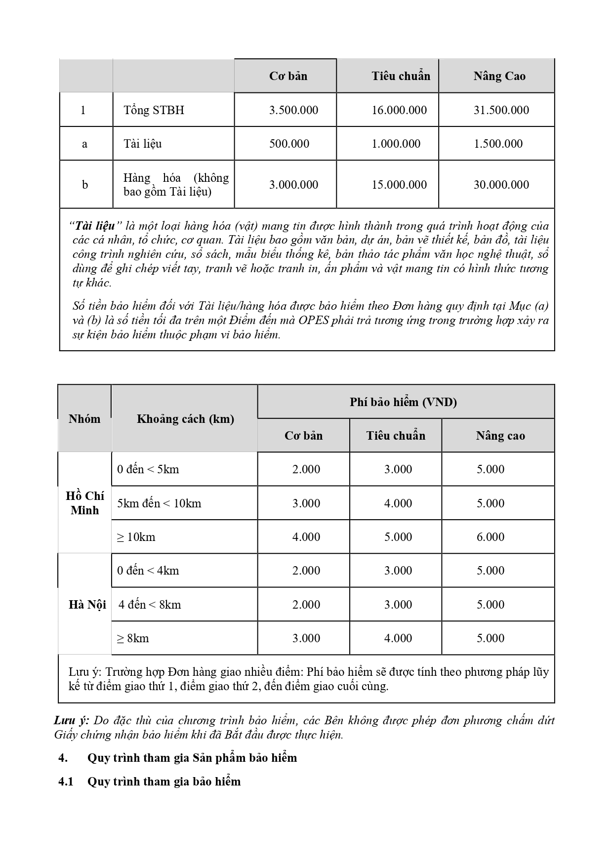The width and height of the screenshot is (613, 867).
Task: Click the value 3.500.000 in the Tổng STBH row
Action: point(293,110)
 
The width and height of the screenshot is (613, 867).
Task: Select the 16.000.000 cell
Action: point(399,110)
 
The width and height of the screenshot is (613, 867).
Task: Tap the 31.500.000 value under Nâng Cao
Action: point(501,110)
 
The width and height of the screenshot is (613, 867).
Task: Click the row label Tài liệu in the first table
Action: point(143,144)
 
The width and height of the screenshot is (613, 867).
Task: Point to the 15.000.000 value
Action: point(399,185)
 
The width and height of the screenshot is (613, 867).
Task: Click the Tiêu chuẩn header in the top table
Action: point(401,76)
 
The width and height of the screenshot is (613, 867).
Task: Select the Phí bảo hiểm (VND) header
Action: point(403,402)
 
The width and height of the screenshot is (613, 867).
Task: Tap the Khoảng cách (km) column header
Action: point(185,419)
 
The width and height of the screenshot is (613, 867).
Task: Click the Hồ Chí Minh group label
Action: point(85,503)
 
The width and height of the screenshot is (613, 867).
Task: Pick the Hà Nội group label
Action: point(87,605)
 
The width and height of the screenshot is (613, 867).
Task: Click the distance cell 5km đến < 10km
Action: point(159,503)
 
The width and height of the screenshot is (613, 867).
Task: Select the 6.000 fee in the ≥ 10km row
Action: point(490,537)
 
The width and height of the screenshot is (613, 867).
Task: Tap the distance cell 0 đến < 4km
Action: point(148,571)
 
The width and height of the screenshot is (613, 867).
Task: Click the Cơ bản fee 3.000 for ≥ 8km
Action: point(306,638)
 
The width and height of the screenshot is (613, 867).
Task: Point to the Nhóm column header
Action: point(84,419)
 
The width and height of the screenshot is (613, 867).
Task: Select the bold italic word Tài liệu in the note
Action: point(95,226)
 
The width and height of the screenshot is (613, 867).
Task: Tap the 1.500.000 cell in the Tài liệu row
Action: point(498,144)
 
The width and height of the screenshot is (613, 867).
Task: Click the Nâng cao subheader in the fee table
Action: point(500,436)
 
